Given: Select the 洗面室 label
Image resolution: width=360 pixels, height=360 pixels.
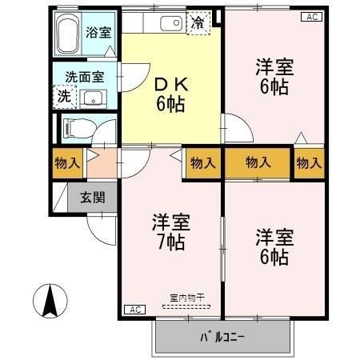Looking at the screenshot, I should (84, 78).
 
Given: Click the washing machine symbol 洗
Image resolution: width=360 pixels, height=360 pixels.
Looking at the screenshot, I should (63, 96).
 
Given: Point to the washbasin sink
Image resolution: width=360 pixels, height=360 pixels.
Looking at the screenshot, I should (94, 100).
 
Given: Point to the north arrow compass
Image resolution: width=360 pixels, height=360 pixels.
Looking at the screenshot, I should (49, 300).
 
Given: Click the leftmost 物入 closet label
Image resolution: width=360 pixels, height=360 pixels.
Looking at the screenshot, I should (66, 163).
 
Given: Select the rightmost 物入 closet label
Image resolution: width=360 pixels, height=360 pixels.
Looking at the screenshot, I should (308, 163).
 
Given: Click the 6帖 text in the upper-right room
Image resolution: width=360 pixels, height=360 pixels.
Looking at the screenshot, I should (274, 87).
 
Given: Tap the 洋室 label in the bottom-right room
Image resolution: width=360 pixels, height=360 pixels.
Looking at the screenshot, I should (274, 237).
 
